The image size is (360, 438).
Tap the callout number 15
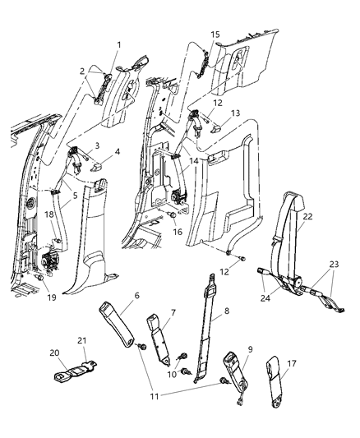(x=215, y=35)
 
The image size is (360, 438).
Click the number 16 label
(x=178, y=233)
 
